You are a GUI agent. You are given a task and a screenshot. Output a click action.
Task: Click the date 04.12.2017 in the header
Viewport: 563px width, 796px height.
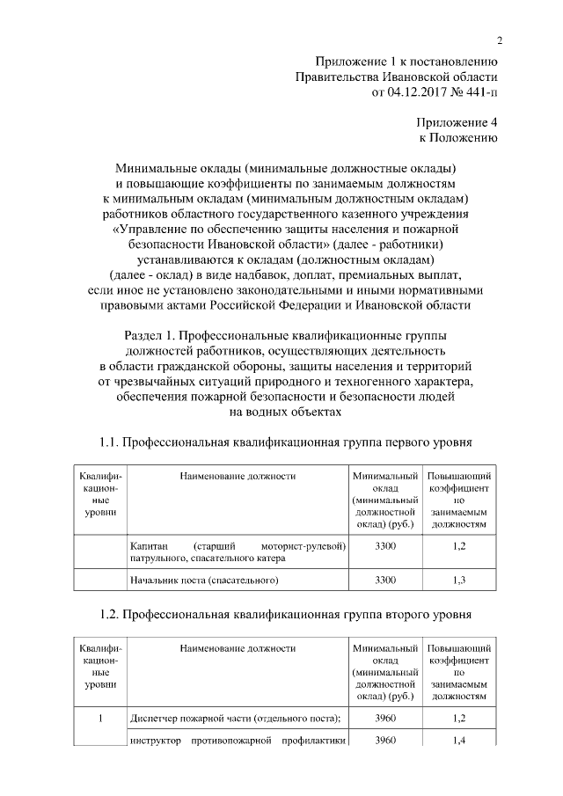[416, 93]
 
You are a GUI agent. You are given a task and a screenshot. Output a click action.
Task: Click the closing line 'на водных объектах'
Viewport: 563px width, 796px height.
[282, 411]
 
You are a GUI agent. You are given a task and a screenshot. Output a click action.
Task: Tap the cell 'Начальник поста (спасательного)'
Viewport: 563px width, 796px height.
[203, 581]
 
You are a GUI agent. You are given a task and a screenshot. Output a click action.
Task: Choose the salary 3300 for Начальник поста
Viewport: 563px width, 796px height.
[385, 581]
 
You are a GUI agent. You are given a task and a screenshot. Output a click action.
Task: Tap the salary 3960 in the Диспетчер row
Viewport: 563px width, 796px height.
[385, 719]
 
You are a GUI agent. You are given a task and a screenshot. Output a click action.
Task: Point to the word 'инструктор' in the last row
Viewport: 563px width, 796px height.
[155, 741]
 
